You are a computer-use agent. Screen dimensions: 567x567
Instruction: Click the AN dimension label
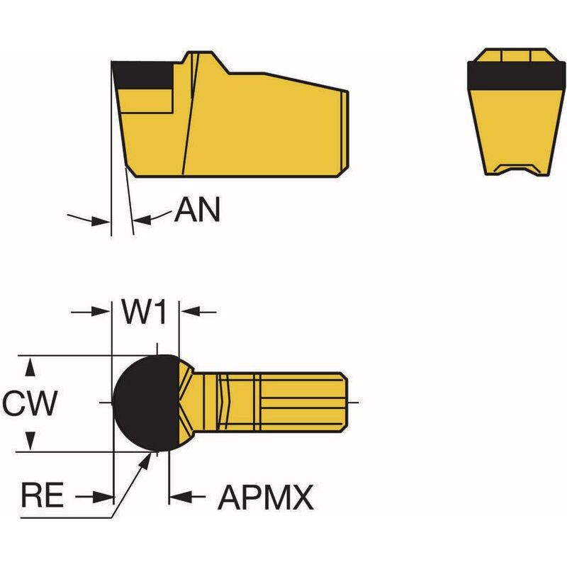(197, 210)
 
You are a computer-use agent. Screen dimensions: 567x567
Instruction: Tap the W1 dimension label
(145, 312)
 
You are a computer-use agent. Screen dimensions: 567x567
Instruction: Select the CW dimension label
(30, 403)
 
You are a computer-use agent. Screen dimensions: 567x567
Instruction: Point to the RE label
(43, 495)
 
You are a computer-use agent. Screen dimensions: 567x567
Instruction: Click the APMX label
(265, 498)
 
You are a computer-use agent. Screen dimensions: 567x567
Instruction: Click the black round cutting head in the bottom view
(147, 403)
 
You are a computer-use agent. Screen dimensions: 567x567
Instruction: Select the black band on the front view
(516, 76)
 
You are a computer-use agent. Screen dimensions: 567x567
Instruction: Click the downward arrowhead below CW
(30, 440)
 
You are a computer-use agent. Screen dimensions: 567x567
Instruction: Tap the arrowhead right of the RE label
(103, 497)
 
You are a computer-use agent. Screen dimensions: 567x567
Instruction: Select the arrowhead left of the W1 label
(101, 311)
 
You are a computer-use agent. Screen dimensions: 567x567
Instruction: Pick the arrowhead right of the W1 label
(190, 311)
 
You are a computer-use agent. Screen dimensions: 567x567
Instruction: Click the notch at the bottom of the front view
(516, 169)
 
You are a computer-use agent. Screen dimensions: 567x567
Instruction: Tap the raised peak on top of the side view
(201, 58)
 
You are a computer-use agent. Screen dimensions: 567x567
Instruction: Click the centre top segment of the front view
(516, 56)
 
